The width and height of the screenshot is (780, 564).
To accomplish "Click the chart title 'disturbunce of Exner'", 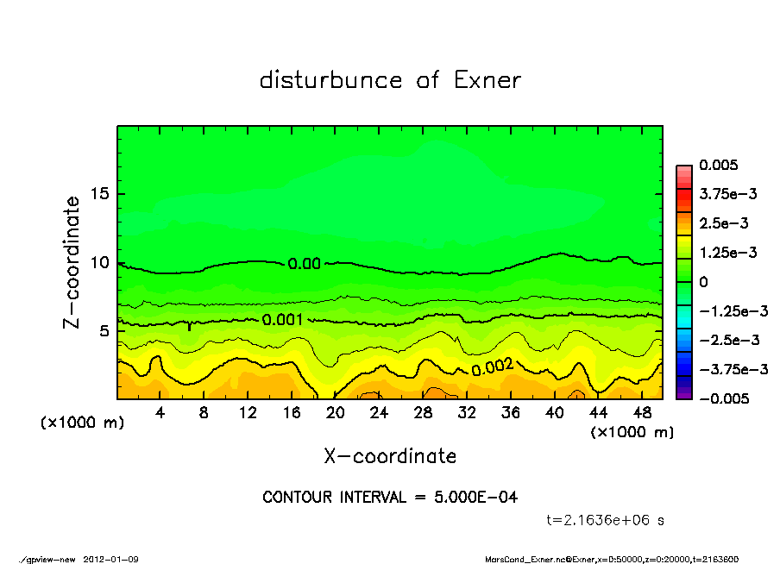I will [x=390, y=80].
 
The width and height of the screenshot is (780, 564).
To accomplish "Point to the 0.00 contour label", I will [x=305, y=264].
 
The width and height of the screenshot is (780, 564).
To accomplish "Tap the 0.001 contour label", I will [x=281, y=320].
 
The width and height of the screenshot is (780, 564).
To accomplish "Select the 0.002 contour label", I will [x=493, y=367].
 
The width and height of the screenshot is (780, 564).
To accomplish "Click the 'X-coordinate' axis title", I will [x=390, y=455].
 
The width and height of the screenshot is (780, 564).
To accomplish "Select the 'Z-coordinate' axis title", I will [x=72, y=262].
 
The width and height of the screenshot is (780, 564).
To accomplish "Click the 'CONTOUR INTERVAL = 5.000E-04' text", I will [x=390, y=498].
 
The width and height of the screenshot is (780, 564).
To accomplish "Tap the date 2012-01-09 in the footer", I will [x=111, y=559].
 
